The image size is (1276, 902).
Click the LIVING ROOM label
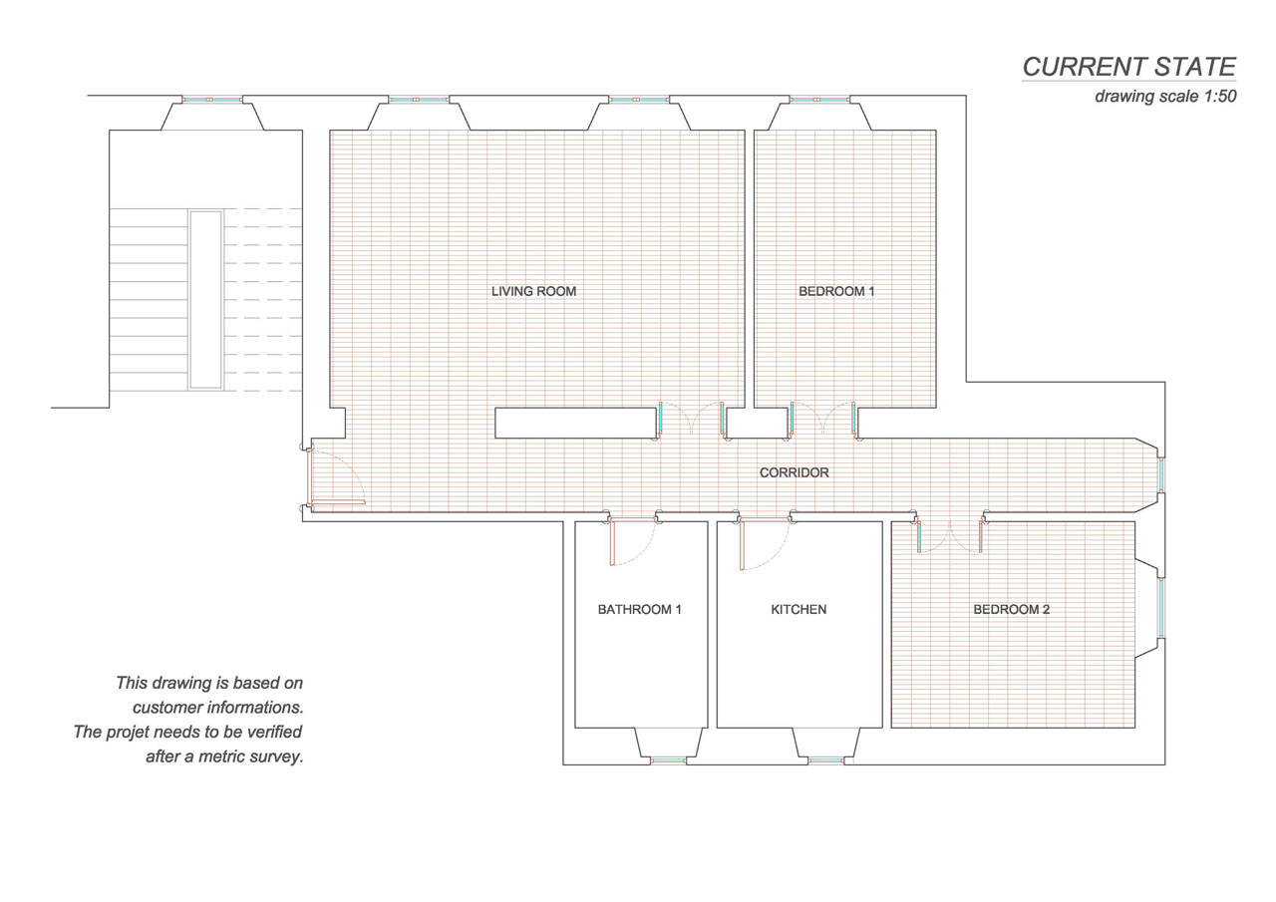pos(533,292)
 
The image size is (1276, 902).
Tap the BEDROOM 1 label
pos(836,292)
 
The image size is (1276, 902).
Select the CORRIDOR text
pos(795,472)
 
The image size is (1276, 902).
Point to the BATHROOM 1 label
pos(640,609)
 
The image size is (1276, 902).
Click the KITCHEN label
pos(798,609)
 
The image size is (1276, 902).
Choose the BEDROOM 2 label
pos(1011,609)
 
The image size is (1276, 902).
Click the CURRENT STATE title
pos(1129,67)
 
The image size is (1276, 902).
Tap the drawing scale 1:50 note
pos(1165,97)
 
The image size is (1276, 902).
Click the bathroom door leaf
pos(612,541)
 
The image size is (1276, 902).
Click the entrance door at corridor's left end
pos(337,502)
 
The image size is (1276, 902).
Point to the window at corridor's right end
pos(1161,474)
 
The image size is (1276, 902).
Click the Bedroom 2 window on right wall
pos(1161,608)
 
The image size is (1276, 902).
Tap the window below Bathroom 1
pos(669,760)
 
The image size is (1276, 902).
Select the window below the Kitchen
pos(826,760)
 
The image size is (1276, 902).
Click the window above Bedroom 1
pos(819,99)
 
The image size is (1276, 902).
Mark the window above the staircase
pos(212,99)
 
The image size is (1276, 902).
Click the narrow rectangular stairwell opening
pos(205,300)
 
